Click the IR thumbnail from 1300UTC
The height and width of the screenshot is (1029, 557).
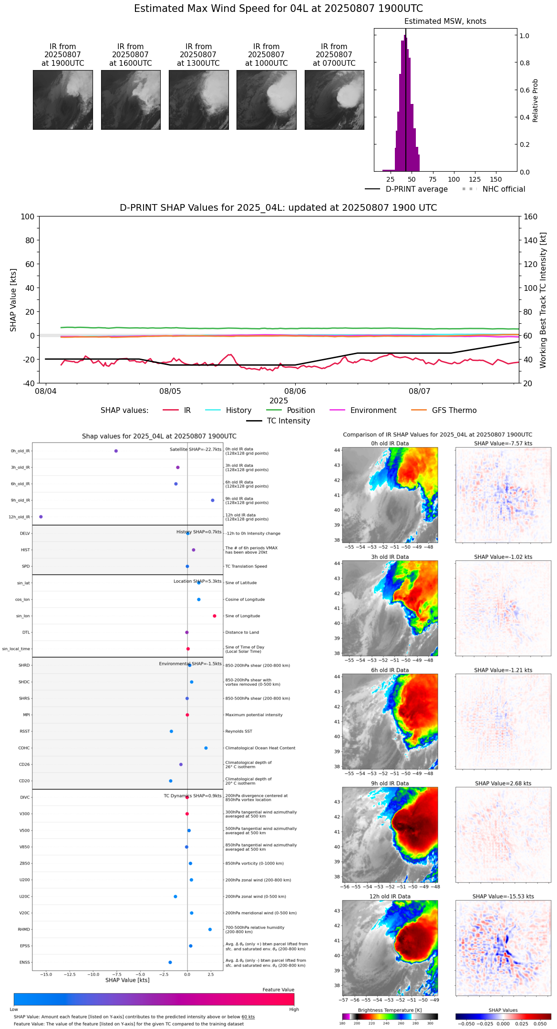(x=198, y=100)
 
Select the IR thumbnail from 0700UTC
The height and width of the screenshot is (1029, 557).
(x=334, y=100)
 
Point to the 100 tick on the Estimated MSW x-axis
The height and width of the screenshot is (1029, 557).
(x=454, y=179)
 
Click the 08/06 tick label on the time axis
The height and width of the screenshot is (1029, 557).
(x=295, y=391)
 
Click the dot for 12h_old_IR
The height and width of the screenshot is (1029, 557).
(x=41, y=517)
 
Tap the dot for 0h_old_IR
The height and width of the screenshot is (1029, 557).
(x=116, y=451)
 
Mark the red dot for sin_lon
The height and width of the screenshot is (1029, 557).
(x=215, y=616)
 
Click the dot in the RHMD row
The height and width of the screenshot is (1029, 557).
(x=210, y=929)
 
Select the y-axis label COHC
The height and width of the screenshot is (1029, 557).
(x=24, y=748)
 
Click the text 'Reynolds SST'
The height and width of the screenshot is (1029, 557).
(x=238, y=731)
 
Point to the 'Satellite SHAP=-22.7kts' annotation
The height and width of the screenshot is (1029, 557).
(x=196, y=450)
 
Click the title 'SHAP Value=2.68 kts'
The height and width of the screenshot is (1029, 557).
(x=503, y=783)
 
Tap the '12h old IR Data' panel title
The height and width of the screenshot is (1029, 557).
(x=390, y=896)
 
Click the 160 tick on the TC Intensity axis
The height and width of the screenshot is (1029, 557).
(x=531, y=216)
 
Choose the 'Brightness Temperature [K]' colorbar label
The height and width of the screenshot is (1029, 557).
(x=390, y=1010)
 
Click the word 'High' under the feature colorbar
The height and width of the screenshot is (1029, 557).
(x=294, y=1009)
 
